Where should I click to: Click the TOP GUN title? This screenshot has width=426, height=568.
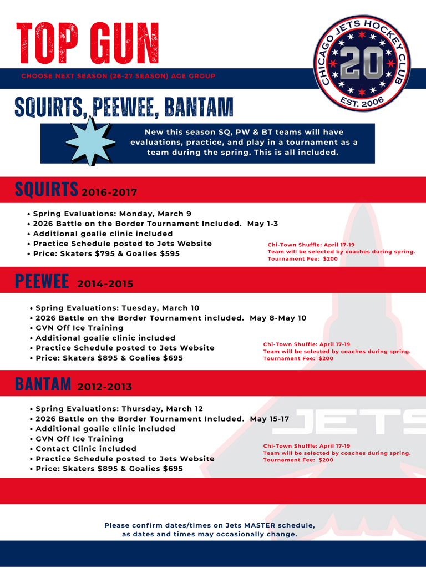(88, 43)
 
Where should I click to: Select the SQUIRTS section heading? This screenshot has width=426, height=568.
(46, 190)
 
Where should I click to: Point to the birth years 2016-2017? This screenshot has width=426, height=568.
(109, 192)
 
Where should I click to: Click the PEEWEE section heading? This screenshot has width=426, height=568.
(42, 281)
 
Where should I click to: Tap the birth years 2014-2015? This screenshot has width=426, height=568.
(105, 284)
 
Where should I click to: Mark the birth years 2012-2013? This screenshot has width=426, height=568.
(105, 386)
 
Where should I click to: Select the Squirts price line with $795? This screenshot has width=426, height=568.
(106, 253)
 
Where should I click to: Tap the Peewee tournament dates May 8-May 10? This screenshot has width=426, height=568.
(278, 318)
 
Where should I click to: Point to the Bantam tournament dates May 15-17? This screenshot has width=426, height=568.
(270, 419)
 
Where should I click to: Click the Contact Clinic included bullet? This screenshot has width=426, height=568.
(86, 448)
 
